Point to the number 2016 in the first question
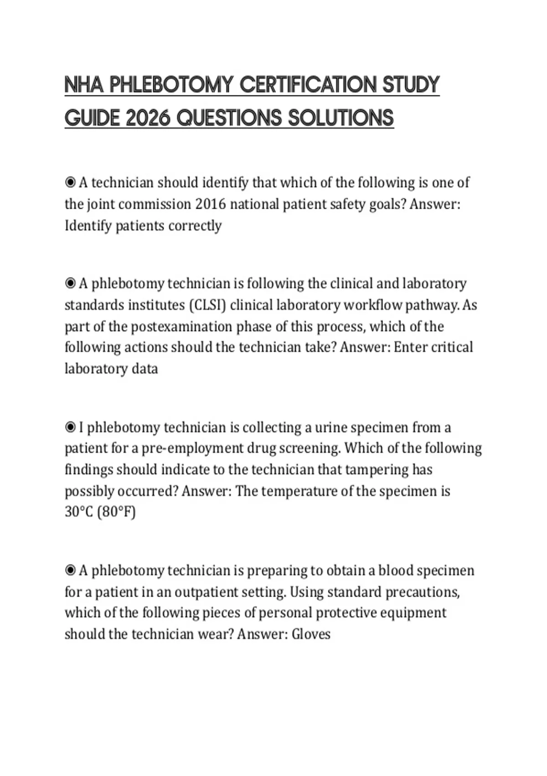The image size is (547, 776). point(210,204)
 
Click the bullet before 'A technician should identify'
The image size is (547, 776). point(70,183)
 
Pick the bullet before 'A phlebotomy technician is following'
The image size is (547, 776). point(70,284)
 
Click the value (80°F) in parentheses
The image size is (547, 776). point(117,512)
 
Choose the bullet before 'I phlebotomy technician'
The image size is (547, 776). point(70,428)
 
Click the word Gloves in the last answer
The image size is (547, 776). point(311,634)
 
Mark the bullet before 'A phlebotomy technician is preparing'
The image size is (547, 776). point(70,571)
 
